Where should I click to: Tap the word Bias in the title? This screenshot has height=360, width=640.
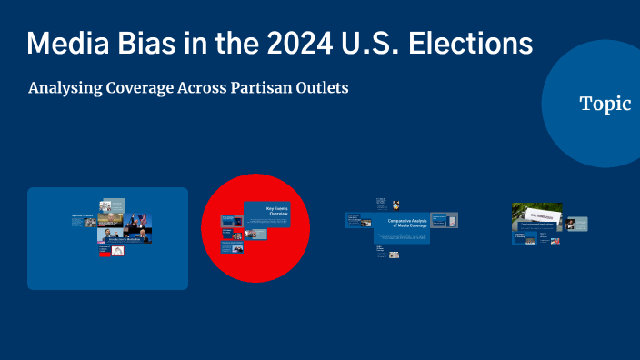pyautogui.click(x=151, y=43)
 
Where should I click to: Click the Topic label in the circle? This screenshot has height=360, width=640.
pyautogui.click(x=605, y=104)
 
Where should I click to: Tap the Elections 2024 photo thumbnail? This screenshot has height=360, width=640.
pyautogui.click(x=537, y=211)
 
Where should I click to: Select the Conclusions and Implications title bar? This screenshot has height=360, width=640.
pyautogui.click(x=540, y=225)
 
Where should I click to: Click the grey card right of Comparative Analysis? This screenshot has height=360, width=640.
pyautogui.click(x=445, y=220)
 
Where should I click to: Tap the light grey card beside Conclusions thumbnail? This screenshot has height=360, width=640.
pyautogui.click(x=577, y=224)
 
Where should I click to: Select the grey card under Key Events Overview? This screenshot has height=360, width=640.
pyautogui.click(x=255, y=234)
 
